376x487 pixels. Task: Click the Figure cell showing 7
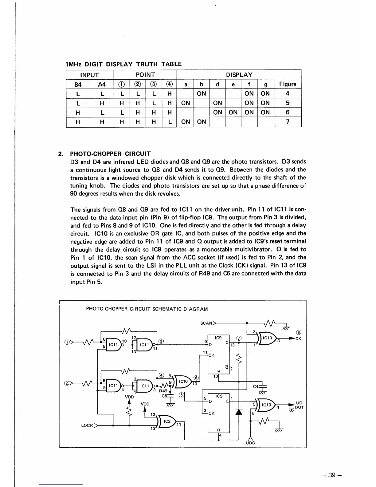point(288,122)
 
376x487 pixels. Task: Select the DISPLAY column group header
point(239,75)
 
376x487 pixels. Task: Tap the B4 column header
point(78,84)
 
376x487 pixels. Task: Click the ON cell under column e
point(233,112)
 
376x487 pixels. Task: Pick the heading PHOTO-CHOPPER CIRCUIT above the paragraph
point(110,154)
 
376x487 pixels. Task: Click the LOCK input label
point(87,426)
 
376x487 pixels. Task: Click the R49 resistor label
point(163,391)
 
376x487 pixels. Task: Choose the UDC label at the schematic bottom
point(250,443)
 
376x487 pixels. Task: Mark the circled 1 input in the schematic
point(66,342)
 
